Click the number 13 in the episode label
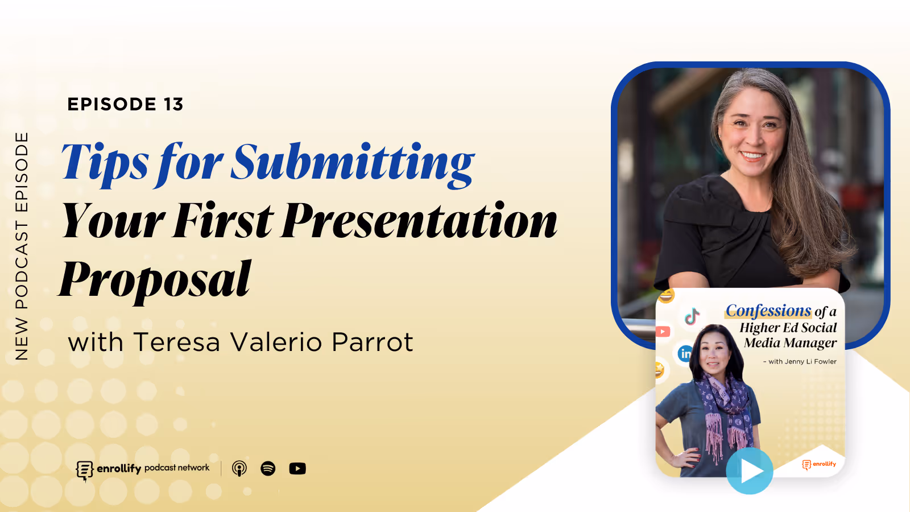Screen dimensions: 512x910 [173, 104]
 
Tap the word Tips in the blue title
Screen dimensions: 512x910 [105, 163]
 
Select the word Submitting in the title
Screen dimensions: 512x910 [353, 163]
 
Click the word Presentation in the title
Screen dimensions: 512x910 [419, 221]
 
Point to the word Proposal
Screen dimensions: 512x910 [155, 279]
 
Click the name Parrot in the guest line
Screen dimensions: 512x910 [372, 342]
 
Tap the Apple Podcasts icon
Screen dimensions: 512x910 [239, 468]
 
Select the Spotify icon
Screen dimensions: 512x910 [268, 468]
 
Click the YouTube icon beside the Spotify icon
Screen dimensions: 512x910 [297, 468]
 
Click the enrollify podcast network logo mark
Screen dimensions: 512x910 [84, 470]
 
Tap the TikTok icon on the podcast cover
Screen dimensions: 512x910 [692, 316]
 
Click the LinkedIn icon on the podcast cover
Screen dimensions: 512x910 [685, 354]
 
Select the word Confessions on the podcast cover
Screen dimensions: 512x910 [768, 311]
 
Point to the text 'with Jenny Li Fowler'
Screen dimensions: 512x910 [802, 361]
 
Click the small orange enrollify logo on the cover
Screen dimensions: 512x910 [819, 464]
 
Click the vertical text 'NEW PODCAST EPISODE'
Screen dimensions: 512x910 [22, 246]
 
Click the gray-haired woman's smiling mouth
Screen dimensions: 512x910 [752, 155]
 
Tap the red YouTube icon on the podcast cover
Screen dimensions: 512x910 [663, 332]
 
